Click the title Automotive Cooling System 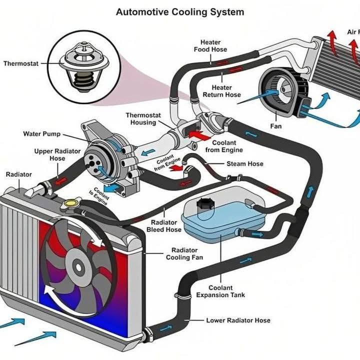[180, 11]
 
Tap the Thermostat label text [20, 63]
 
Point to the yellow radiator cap [71, 203]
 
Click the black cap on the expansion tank [205, 204]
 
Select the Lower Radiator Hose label [238, 320]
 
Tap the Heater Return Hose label [222, 91]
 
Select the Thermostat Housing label [143, 119]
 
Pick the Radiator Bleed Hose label [164, 226]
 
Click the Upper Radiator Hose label [49, 154]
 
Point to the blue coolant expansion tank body [220, 220]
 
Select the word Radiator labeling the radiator [18, 174]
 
